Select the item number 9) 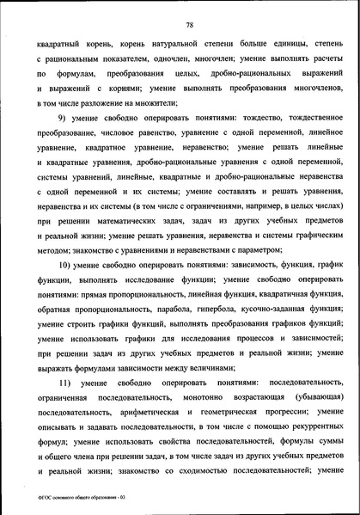click(62, 116)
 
